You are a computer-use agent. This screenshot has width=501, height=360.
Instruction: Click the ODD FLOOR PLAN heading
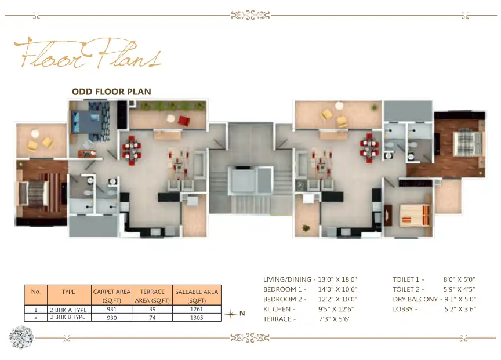point(111,92)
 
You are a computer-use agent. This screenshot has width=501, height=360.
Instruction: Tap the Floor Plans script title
point(87,54)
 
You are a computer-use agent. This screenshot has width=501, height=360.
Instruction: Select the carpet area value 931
point(112,310)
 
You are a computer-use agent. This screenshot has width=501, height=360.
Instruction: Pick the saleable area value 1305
point(197,317)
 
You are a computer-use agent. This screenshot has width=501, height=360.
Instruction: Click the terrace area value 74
point(153,317)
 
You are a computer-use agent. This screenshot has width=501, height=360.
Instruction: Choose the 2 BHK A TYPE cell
point(68,310)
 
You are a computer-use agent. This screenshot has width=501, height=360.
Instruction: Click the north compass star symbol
point(231,314)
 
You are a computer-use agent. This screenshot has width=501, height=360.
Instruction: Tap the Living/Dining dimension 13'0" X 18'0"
point(337,279)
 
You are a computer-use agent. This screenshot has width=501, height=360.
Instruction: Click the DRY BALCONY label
point(415,299)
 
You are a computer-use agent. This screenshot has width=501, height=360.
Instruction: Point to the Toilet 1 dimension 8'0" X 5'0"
point(460,279)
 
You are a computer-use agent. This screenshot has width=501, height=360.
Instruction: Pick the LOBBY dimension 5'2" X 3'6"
point(460,309)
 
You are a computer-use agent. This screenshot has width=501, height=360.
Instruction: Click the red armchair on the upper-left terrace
point(184,121)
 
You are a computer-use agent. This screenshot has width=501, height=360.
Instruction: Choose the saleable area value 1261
point(197,310)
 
